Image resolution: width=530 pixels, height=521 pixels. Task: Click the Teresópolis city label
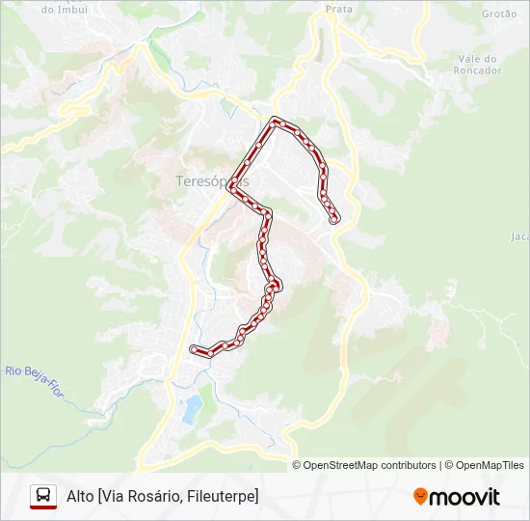213,181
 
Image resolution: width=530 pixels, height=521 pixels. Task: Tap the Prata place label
338,9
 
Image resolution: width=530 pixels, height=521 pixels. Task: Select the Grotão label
499,14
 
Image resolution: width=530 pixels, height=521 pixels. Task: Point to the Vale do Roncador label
480,64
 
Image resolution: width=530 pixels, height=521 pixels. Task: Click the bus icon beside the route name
43,496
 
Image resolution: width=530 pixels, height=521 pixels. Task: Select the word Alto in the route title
79,496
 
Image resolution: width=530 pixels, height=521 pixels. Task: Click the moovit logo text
464,497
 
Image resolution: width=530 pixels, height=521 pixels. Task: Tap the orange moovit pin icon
420,497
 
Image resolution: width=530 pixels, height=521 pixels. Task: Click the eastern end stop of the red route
334,221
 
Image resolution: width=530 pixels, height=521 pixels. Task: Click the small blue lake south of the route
192,406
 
